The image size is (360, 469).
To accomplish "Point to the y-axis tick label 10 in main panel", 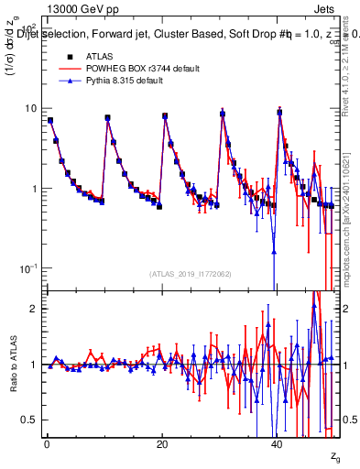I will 30,108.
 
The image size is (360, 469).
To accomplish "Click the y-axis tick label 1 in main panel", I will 33,189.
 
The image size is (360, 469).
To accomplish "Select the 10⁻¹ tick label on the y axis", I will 28,268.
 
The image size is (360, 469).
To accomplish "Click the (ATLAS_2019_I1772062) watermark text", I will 191,274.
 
